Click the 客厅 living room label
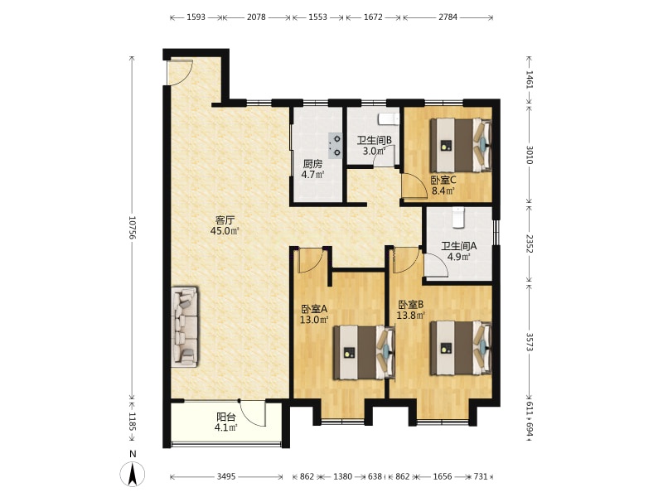point(225,220)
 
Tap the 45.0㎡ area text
point(225,231)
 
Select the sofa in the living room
point(184,327)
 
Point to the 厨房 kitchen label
point(312,164)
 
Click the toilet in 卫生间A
point(458,217)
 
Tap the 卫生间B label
point(375,140)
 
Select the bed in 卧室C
point(461,145)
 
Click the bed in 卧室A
point(364,352)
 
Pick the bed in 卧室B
point(461,348)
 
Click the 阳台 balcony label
point(225,417)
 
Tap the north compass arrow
point(133,474)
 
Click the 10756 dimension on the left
point(133,229)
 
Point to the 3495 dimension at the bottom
point(226,477)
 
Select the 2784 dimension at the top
point(448,17)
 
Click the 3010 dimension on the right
point(530,155)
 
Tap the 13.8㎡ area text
point(410,315)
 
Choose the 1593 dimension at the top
point(196,17)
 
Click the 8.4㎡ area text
point(443,191)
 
